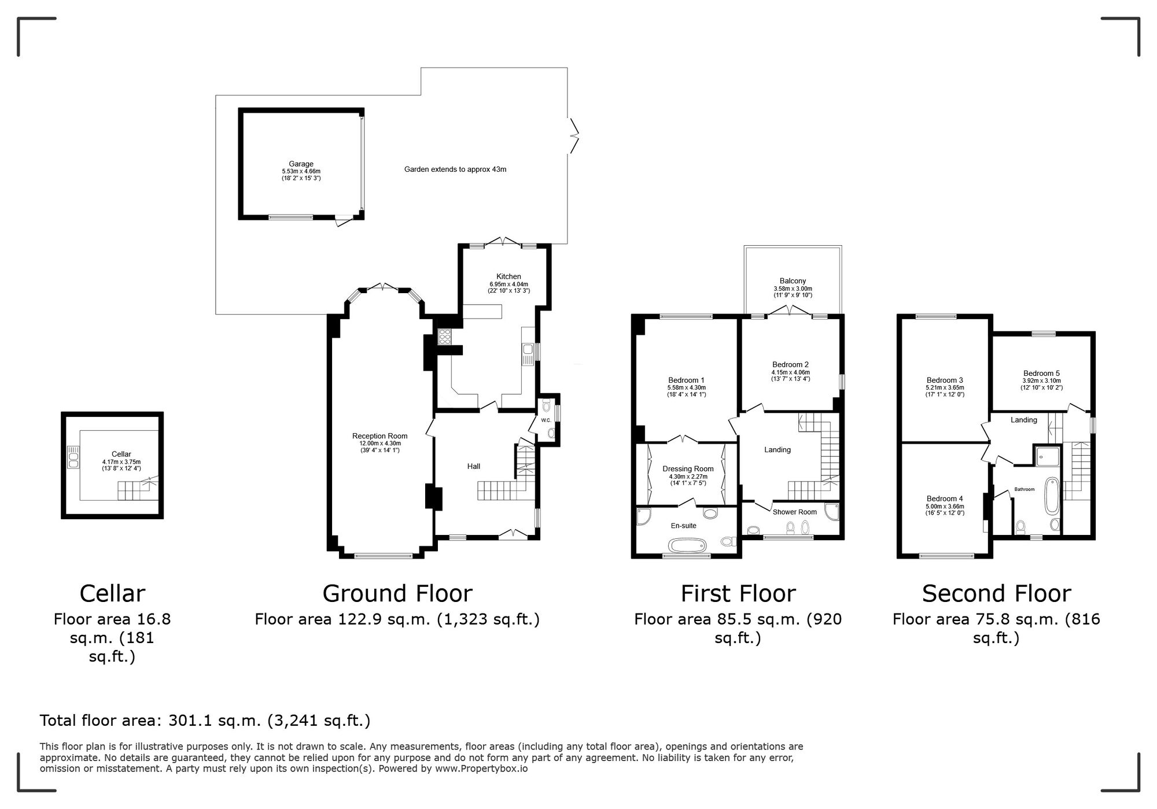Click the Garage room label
pyautogui.click(x=301, y=164)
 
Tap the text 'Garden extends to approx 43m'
pyautogui.click(x=455, y=169)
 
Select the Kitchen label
pyautogui.click(x=509, y=276)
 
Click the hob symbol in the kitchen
pyautogui.click(x=445, y=337)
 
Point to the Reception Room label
pyautogui.click(x=379, y=436)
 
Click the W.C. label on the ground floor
pyautogui.click(x=546, y=420)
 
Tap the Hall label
pyautogui.click(x=473, y=466)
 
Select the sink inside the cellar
pyautogui.click(x=73, y=457)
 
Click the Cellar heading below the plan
pyautogui.click(x=112, y=593)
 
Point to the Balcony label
pyautogui.click(x=792, y=281)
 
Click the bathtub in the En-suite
pyautogui.click(x=687, y=545)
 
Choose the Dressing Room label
pyautogui.click(x=688, y=469)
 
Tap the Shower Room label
pyautogui.click(x=794, y=512)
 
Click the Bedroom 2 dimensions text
pyautogui.click(x=790, y=375)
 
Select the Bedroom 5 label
pyautogui.click(x=1041, y=374)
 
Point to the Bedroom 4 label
pyautogui.click(x=944, y=498)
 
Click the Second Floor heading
pyautogui.click(x=996, y=593)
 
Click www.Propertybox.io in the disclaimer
pyautogui.click(x=481, y=769)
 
